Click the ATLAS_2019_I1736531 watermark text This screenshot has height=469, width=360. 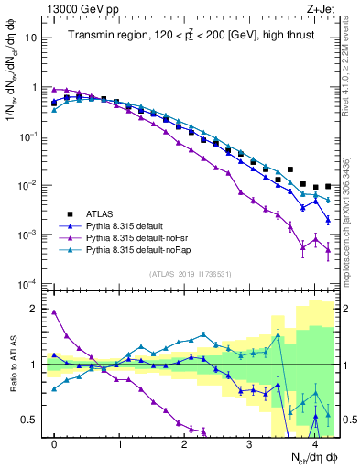(191, 274)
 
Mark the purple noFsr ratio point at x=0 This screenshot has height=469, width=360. (54, 312)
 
